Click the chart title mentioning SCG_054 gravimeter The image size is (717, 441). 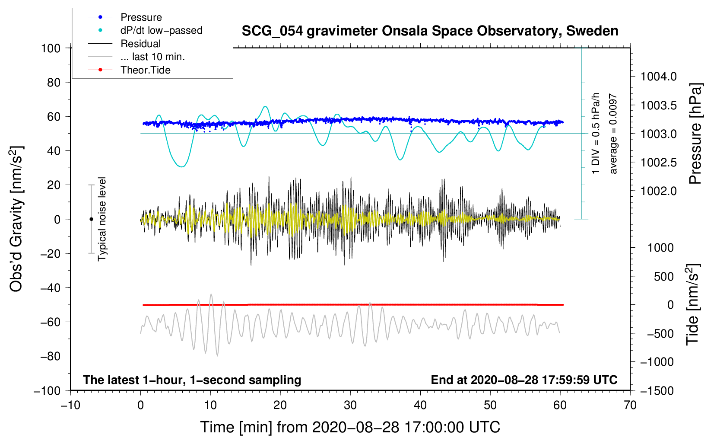tap(430, 31)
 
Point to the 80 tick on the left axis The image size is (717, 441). tap(54, 82)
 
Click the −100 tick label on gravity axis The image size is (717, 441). tap(47, 390)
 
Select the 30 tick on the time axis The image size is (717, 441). tap(350, 405)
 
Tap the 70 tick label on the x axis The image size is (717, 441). tap(630, 405)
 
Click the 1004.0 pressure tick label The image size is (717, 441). tap(658, 77)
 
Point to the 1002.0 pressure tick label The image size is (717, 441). tap(658, 191)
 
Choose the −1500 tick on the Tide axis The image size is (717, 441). tap(657, 390)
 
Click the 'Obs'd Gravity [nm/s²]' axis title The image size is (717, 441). tap(16, 219)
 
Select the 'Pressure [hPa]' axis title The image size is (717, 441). tap(695, 134)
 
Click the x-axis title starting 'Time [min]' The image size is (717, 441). tap(350, 427)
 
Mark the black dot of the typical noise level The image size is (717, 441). tap(91, 219)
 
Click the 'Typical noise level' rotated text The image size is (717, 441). tap(102, 219)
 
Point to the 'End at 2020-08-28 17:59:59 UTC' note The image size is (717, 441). tap(524, 380)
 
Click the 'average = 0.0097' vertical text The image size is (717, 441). tap(613, 134)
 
